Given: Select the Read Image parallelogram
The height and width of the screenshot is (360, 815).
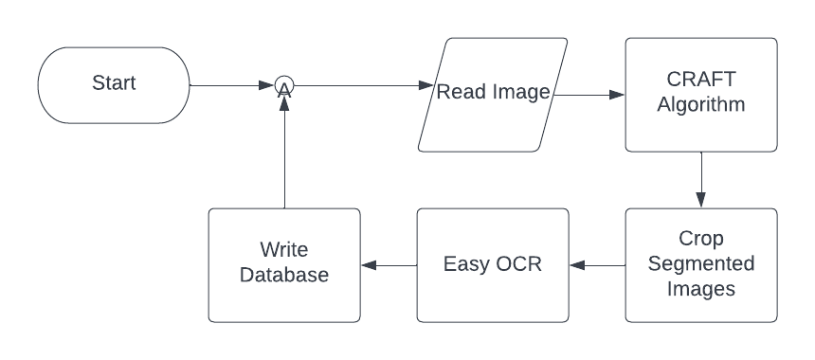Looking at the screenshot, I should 493,94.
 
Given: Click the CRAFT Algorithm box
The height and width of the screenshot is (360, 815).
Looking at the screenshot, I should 701,94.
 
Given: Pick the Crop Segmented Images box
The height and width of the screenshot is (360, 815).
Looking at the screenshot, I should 701,264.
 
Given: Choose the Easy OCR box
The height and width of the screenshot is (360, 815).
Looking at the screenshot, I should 493,264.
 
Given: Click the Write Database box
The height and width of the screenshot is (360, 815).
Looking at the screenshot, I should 284,264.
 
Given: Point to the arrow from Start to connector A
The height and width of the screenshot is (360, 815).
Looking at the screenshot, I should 232,86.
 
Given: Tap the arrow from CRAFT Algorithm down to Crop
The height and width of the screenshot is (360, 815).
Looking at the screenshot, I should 701,180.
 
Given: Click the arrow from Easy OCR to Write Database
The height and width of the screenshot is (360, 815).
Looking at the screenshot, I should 389,265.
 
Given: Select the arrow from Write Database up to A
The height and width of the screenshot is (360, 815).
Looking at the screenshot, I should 284,152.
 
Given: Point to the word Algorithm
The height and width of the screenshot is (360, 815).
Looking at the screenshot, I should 701,105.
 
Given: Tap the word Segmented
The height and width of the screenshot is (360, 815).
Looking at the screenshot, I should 701,264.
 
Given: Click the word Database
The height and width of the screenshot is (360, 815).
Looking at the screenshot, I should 284,276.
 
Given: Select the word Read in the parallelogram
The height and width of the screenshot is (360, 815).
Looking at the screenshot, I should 459,93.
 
